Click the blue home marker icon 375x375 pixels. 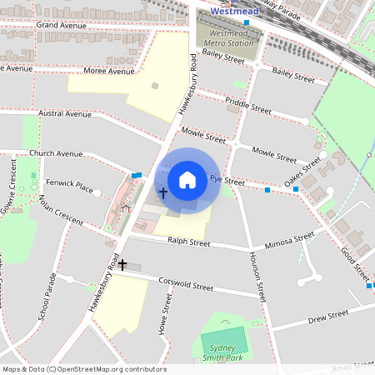point(187,179)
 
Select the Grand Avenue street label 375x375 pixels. point(62,26)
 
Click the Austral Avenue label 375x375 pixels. point(64,113)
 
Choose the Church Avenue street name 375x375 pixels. point(56,153)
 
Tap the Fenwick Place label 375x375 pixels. point(69,184)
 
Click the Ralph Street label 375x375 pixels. point(188,242)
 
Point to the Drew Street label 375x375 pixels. point(327,317)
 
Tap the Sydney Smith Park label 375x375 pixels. point(224,352)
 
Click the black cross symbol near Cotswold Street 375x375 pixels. point(122,265)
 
